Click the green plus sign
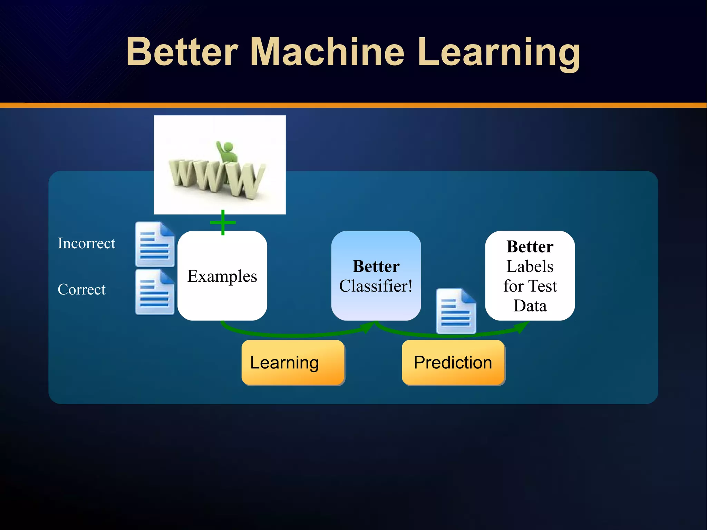point(223,222)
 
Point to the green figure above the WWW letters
point(227,152)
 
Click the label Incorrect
point(86,243)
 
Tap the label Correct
point(81,289)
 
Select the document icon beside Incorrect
point(155,244)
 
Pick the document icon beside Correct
point(155,292)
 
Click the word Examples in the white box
point(222,276)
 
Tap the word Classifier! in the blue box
point(376,286)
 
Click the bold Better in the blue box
point(376,267)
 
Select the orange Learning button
point(293,363)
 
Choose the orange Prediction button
point(453,363)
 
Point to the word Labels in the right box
point(530,267)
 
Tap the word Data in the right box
point(530,306)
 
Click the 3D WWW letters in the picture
point(216,178)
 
